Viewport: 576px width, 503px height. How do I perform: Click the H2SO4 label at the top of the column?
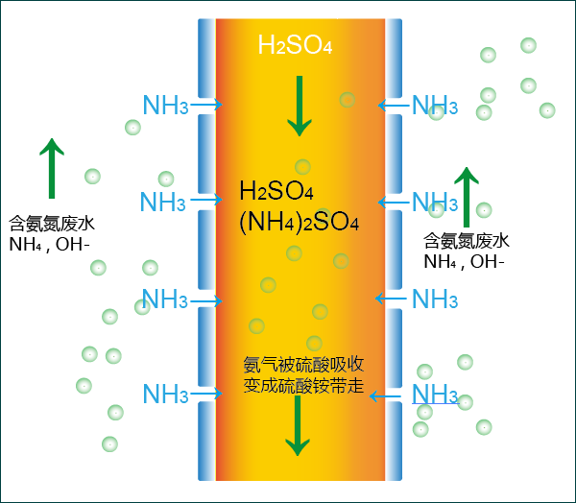[x=296, y=44]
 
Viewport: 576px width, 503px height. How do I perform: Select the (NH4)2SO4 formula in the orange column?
[x=299, y=223]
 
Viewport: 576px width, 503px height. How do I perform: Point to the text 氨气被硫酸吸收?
[x=303, y=365]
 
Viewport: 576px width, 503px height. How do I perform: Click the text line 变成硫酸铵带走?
[x=303, y=387]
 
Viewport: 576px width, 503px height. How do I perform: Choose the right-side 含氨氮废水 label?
[x=466, y=240]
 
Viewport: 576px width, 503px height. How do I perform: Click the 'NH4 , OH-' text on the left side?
[x=49, y=245]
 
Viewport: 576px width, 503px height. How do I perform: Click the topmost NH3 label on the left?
[x=165, y=105]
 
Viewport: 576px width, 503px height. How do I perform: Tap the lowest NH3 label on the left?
[x=165, y=394]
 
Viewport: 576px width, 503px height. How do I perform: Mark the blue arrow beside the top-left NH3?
[x=206, y=105]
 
